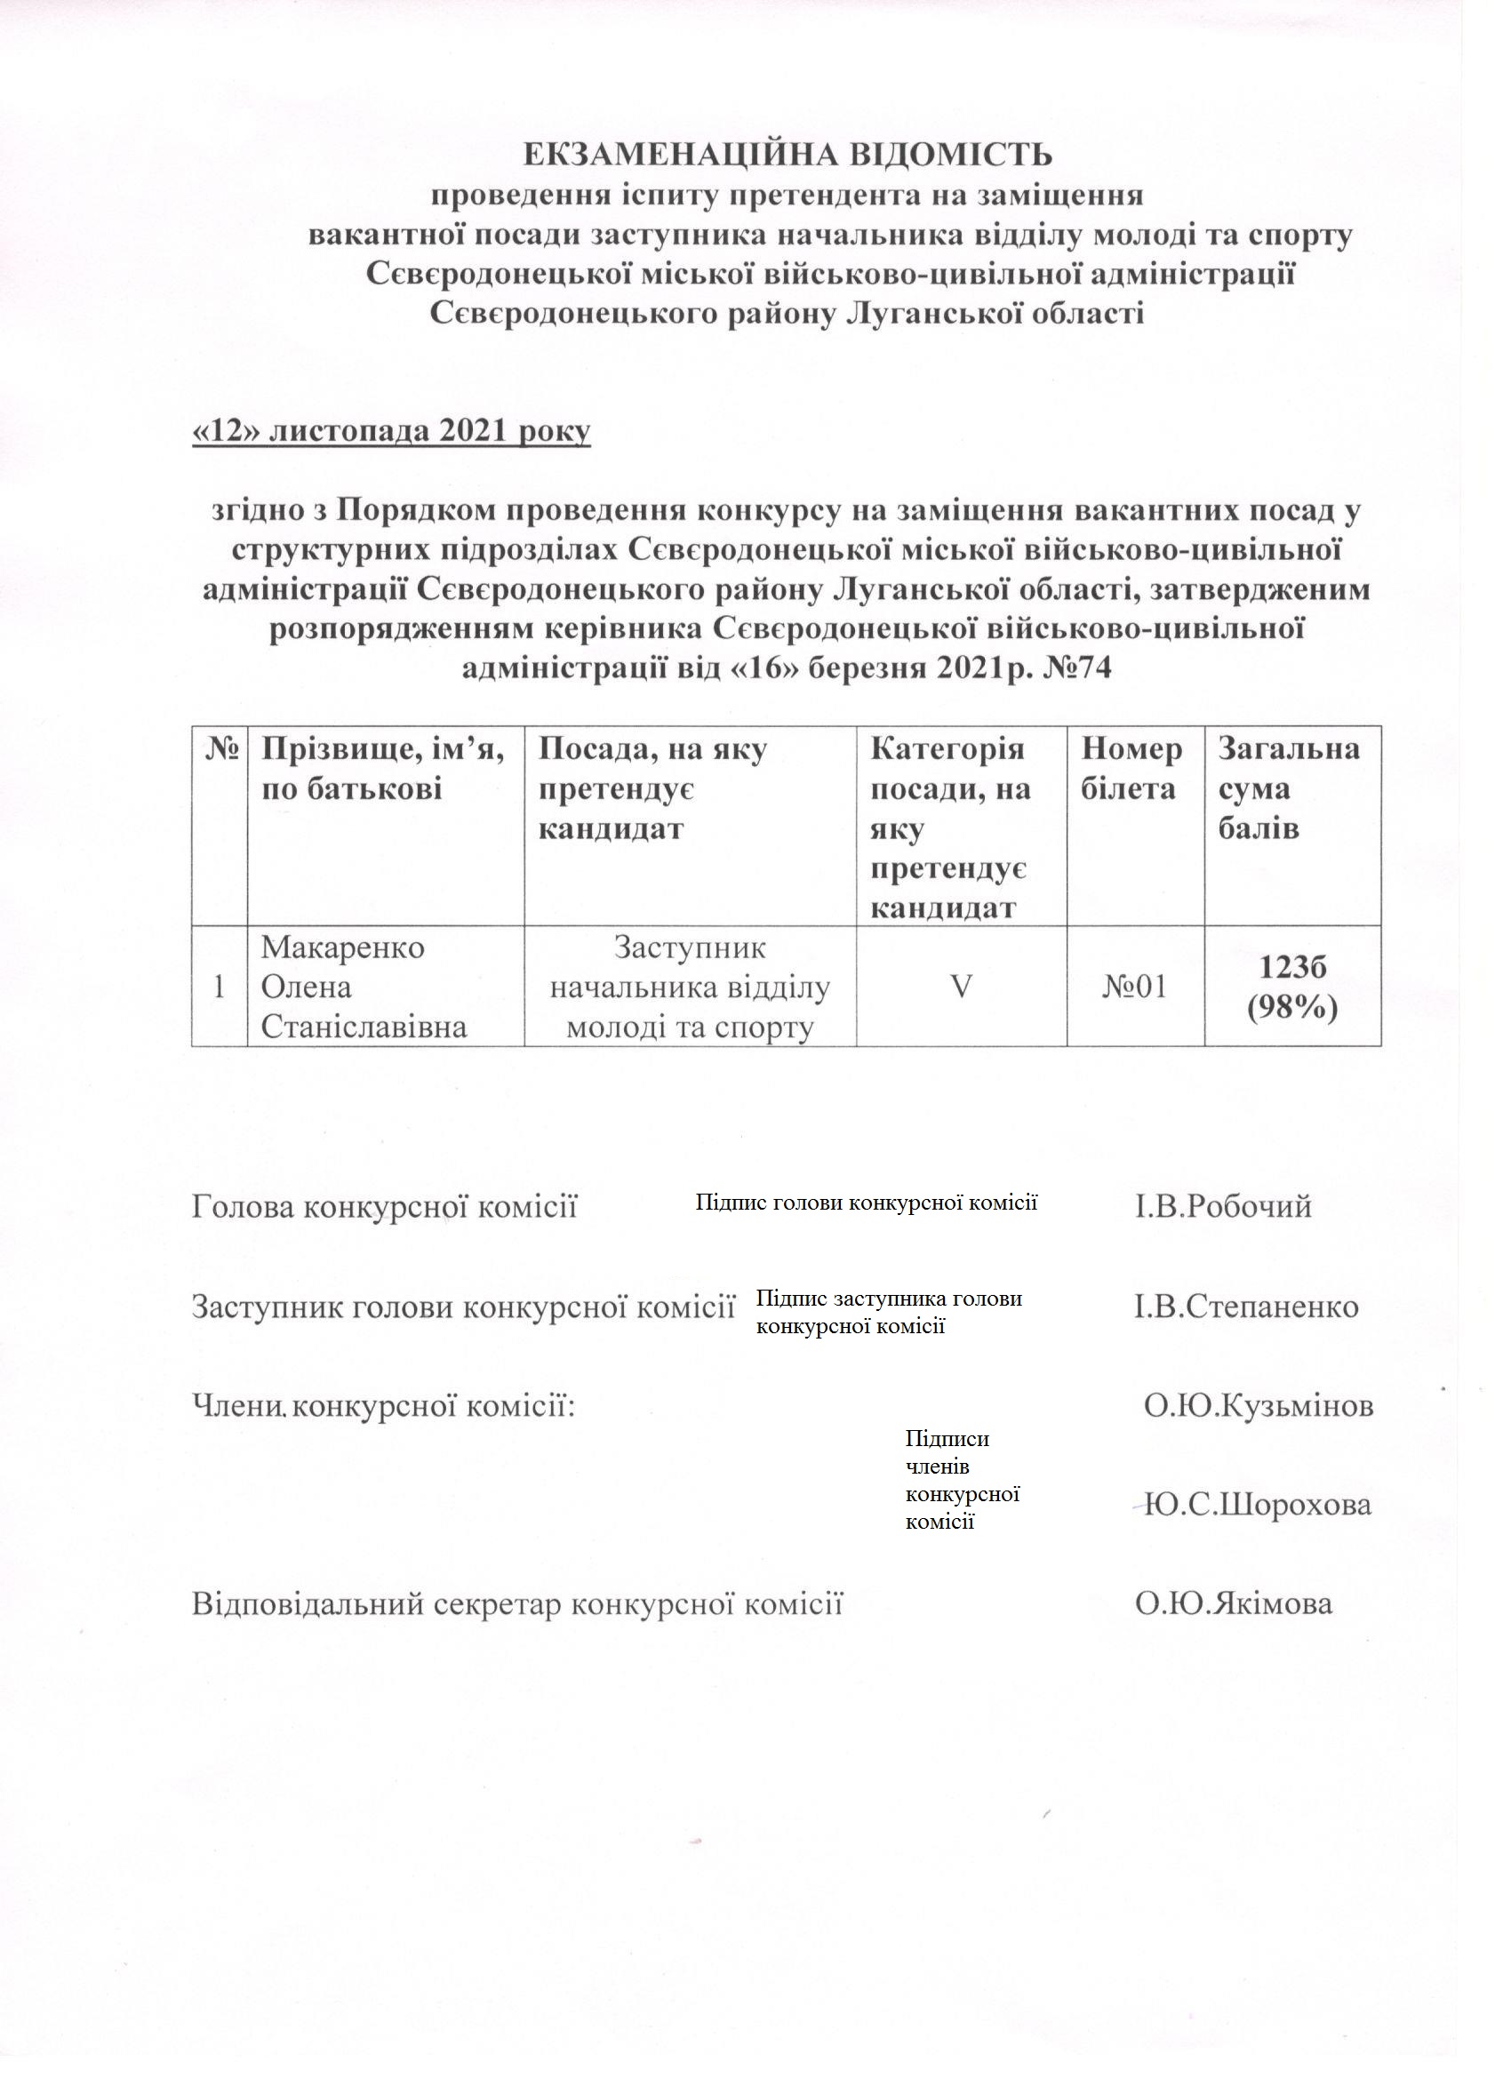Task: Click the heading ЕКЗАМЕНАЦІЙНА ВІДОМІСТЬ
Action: (x=787, y=155)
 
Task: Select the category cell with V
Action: (x=960, y=987)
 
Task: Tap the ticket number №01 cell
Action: (x=1134, y=987)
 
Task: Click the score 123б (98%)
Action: (x=1291, y=987)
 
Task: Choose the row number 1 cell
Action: (x=219, y=987)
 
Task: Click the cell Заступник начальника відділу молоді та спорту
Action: (x=689, y=987)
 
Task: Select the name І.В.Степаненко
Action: (x=1246, y=1306)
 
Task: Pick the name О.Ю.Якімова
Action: (x=1234, y=1604)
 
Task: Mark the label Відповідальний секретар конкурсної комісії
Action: (x=516, y=1604)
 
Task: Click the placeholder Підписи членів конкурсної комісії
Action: (x=962, y=1480)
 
